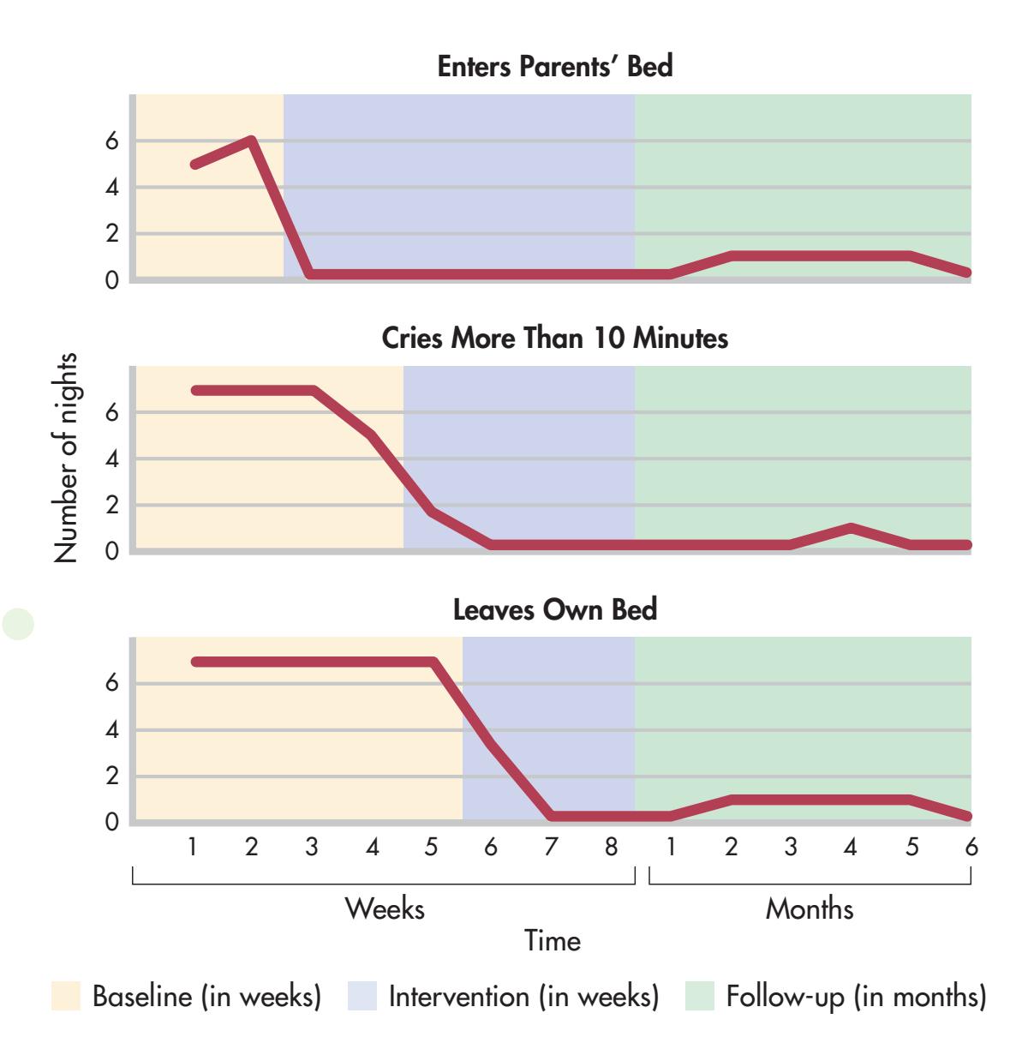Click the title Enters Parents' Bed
pyautogui.click(x=554, y=66)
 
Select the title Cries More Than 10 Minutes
pyautogui.click(x=554, y=338)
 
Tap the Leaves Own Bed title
pyautogui.click(x=554, y=609)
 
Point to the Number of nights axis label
pyautogui.click(x=66, y=458)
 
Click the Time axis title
pyautogui.click(x=553, y=940)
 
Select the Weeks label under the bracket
pyautogui.click(x=385, y=908)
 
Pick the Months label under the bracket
pyautogui.click(x=810, y=908)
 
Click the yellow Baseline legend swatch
pyautogui.click(x=66, y=996)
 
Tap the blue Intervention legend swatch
pyautogui.click(x=362, y=996)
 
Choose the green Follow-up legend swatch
pyautogui.click(x=700, y=996)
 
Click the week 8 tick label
pyautogui.click(x=611, y=847)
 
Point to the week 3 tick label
pyautogui.click(x=311, y=847)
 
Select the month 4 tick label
pyautogui.click(x=850, y=847)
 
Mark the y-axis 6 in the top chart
pyautogui.click(x=112, y=141)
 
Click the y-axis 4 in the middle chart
pyautogui.click(x=112, y=459)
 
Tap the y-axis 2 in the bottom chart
pyautogui.click(x=112, y=777)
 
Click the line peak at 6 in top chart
pyautogui.click(x=251, y=141)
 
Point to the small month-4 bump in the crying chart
pyautogui.click(x=850, y=528)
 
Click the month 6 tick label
pyautogui.click(x=971, y=847)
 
